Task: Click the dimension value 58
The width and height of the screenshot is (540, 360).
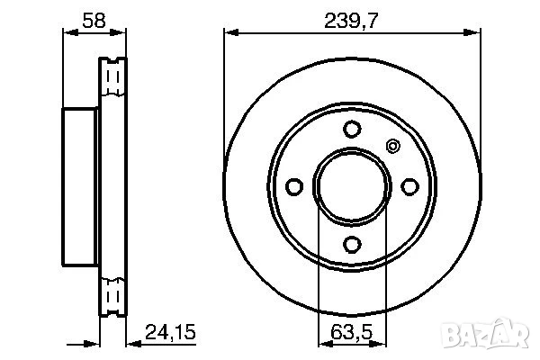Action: point(93,17)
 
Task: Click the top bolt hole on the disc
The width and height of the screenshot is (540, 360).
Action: point(352,128)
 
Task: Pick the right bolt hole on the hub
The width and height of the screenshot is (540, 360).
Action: point(410,186)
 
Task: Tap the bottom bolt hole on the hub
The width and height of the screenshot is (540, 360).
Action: point(352,244)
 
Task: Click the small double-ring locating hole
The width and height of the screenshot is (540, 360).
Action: point(391,146)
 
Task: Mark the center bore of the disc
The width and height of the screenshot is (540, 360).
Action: point(352,186)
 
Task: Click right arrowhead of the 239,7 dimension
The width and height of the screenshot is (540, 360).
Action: point(474,32)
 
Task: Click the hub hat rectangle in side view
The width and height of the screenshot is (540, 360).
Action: point(80,186)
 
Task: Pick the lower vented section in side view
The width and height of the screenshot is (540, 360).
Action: point(112,294)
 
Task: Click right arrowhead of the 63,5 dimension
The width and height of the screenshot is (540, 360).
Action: point(383,340)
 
